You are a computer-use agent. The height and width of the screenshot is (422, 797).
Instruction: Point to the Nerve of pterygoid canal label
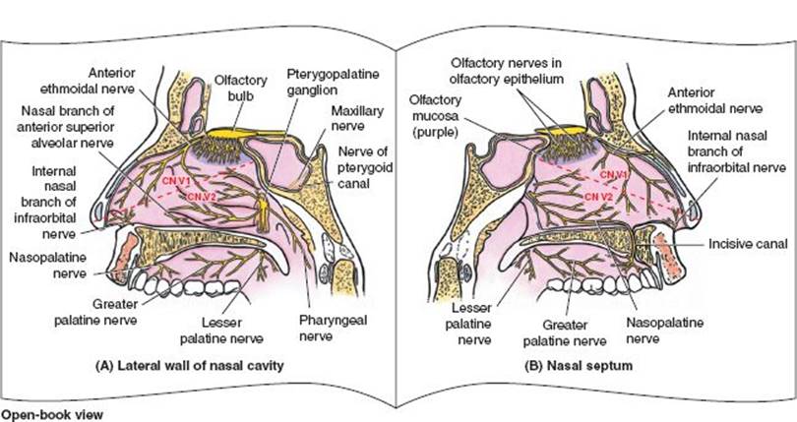click(x=366, y=158)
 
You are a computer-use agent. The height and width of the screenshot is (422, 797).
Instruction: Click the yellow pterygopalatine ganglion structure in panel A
click(x=263, y=211)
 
